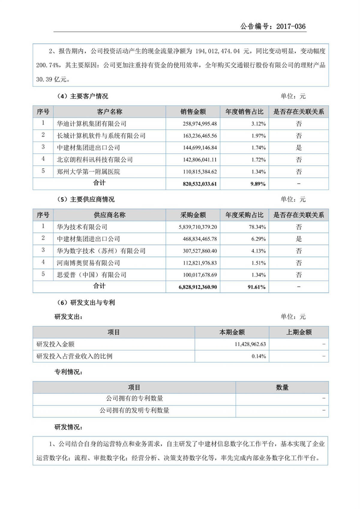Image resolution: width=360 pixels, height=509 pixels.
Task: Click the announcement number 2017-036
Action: coord(291,26)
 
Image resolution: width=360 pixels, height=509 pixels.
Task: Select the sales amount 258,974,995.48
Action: coord(200,124)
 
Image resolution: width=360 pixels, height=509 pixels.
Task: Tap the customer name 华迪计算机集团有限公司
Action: coord(91,124)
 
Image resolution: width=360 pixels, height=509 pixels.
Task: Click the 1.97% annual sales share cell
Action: coord(258,136)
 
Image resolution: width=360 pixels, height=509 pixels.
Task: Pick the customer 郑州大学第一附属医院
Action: coord(88,172)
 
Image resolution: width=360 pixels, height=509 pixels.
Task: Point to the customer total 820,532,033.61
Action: coord(199,184)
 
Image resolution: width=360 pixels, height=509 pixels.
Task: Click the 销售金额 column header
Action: coord(193,112)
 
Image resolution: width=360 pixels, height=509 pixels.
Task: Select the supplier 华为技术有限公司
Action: coord(82,227)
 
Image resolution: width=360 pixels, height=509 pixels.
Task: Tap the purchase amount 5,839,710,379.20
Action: coord(198,227)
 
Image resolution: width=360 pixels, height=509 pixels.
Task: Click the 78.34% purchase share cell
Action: coord(257,227)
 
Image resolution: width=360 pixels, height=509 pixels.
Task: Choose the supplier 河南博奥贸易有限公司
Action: coord(88,263)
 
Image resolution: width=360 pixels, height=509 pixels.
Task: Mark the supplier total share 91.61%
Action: coord(256,287)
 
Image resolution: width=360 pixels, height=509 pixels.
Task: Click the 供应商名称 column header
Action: coord(109,215)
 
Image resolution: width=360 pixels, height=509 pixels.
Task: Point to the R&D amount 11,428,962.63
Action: coord(250,344)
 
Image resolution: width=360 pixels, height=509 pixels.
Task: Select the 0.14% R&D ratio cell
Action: coord(259,356)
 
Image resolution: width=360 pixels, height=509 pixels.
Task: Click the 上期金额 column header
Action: coord(299,332)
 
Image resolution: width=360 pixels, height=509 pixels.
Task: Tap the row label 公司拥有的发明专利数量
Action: coord(134,410)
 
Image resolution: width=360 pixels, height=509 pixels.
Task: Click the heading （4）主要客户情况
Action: coord(82,96)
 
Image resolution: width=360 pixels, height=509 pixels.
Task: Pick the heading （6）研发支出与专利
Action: coord(86,303)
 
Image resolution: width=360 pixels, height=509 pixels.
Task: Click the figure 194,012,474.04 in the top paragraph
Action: coord(217,51)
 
